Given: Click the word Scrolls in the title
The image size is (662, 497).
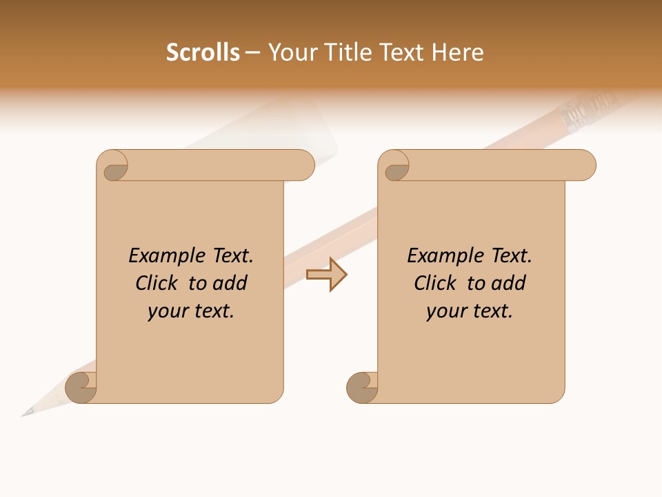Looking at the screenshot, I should pyautogui.click(x=203, y=52).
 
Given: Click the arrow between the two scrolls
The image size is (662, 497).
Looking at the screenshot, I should pyautogui.click(x=327, y=275).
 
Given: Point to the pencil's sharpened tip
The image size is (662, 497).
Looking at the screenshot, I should pyautogui.click(x=26, y=413).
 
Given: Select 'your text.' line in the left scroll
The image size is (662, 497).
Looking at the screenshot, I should pyautogui.click(x=191, y=311).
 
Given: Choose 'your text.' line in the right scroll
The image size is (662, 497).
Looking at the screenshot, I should pyautogui.click(x=470, y=311).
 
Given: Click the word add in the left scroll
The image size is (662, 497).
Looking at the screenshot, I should pyautogui.click(x=229, y=284).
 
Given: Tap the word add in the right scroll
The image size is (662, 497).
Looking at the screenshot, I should pyautogui.click(x=508, y=284).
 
